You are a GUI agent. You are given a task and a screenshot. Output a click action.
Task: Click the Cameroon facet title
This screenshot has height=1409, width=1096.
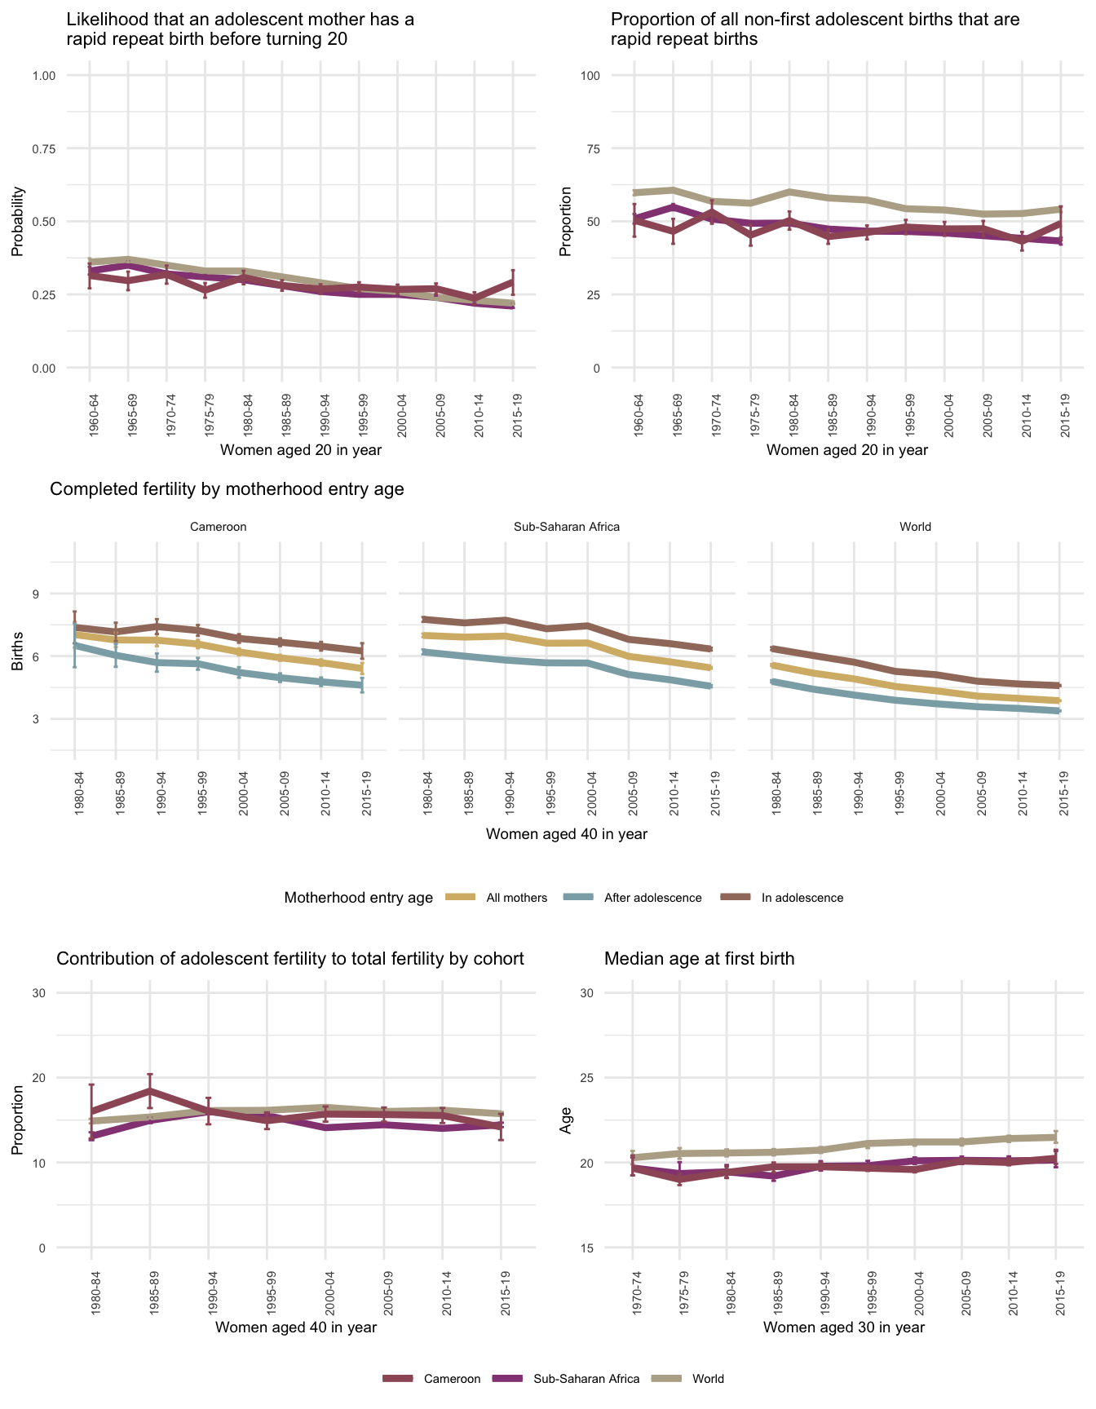[x=218, y=527]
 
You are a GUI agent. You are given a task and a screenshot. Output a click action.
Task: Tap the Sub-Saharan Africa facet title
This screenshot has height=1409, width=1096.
[x=567, y=527]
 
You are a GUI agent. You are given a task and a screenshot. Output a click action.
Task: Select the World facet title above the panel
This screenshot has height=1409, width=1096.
[x=915, y=527]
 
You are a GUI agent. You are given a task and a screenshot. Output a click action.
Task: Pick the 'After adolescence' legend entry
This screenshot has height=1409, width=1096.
[x=652, y=898]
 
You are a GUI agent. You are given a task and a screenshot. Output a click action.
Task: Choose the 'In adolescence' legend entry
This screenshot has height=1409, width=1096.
[x=802, y=898]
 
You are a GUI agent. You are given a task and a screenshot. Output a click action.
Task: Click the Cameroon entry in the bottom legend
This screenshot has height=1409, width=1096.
[x=452, y=1379]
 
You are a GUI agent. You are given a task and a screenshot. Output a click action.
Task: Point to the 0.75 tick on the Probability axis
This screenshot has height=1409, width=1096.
[x=43, y=148]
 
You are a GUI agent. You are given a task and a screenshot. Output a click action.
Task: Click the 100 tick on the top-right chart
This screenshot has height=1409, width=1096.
[x=590, y=76]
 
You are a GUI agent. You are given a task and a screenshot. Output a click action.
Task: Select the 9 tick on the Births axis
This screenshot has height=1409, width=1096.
[x=36, y=594]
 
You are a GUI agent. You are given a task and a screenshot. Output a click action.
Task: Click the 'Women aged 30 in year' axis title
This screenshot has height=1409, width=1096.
[x=844, y=1327]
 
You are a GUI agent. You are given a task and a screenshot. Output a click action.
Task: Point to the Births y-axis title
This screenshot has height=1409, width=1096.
[x=17, y=656]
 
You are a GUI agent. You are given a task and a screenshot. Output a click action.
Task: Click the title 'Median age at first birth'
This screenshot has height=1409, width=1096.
[x=699, y=959]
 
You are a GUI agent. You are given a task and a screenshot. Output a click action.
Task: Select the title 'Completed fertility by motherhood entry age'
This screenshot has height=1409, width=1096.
[x=227, y=489]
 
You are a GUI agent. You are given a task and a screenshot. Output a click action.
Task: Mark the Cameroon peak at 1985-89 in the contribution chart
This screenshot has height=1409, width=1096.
[x=150, y=1090]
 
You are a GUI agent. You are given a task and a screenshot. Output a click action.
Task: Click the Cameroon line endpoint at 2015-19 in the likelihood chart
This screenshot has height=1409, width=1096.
[x=513, y=281]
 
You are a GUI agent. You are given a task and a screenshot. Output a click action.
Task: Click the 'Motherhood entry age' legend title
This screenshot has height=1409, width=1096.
[x=359, y=898]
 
